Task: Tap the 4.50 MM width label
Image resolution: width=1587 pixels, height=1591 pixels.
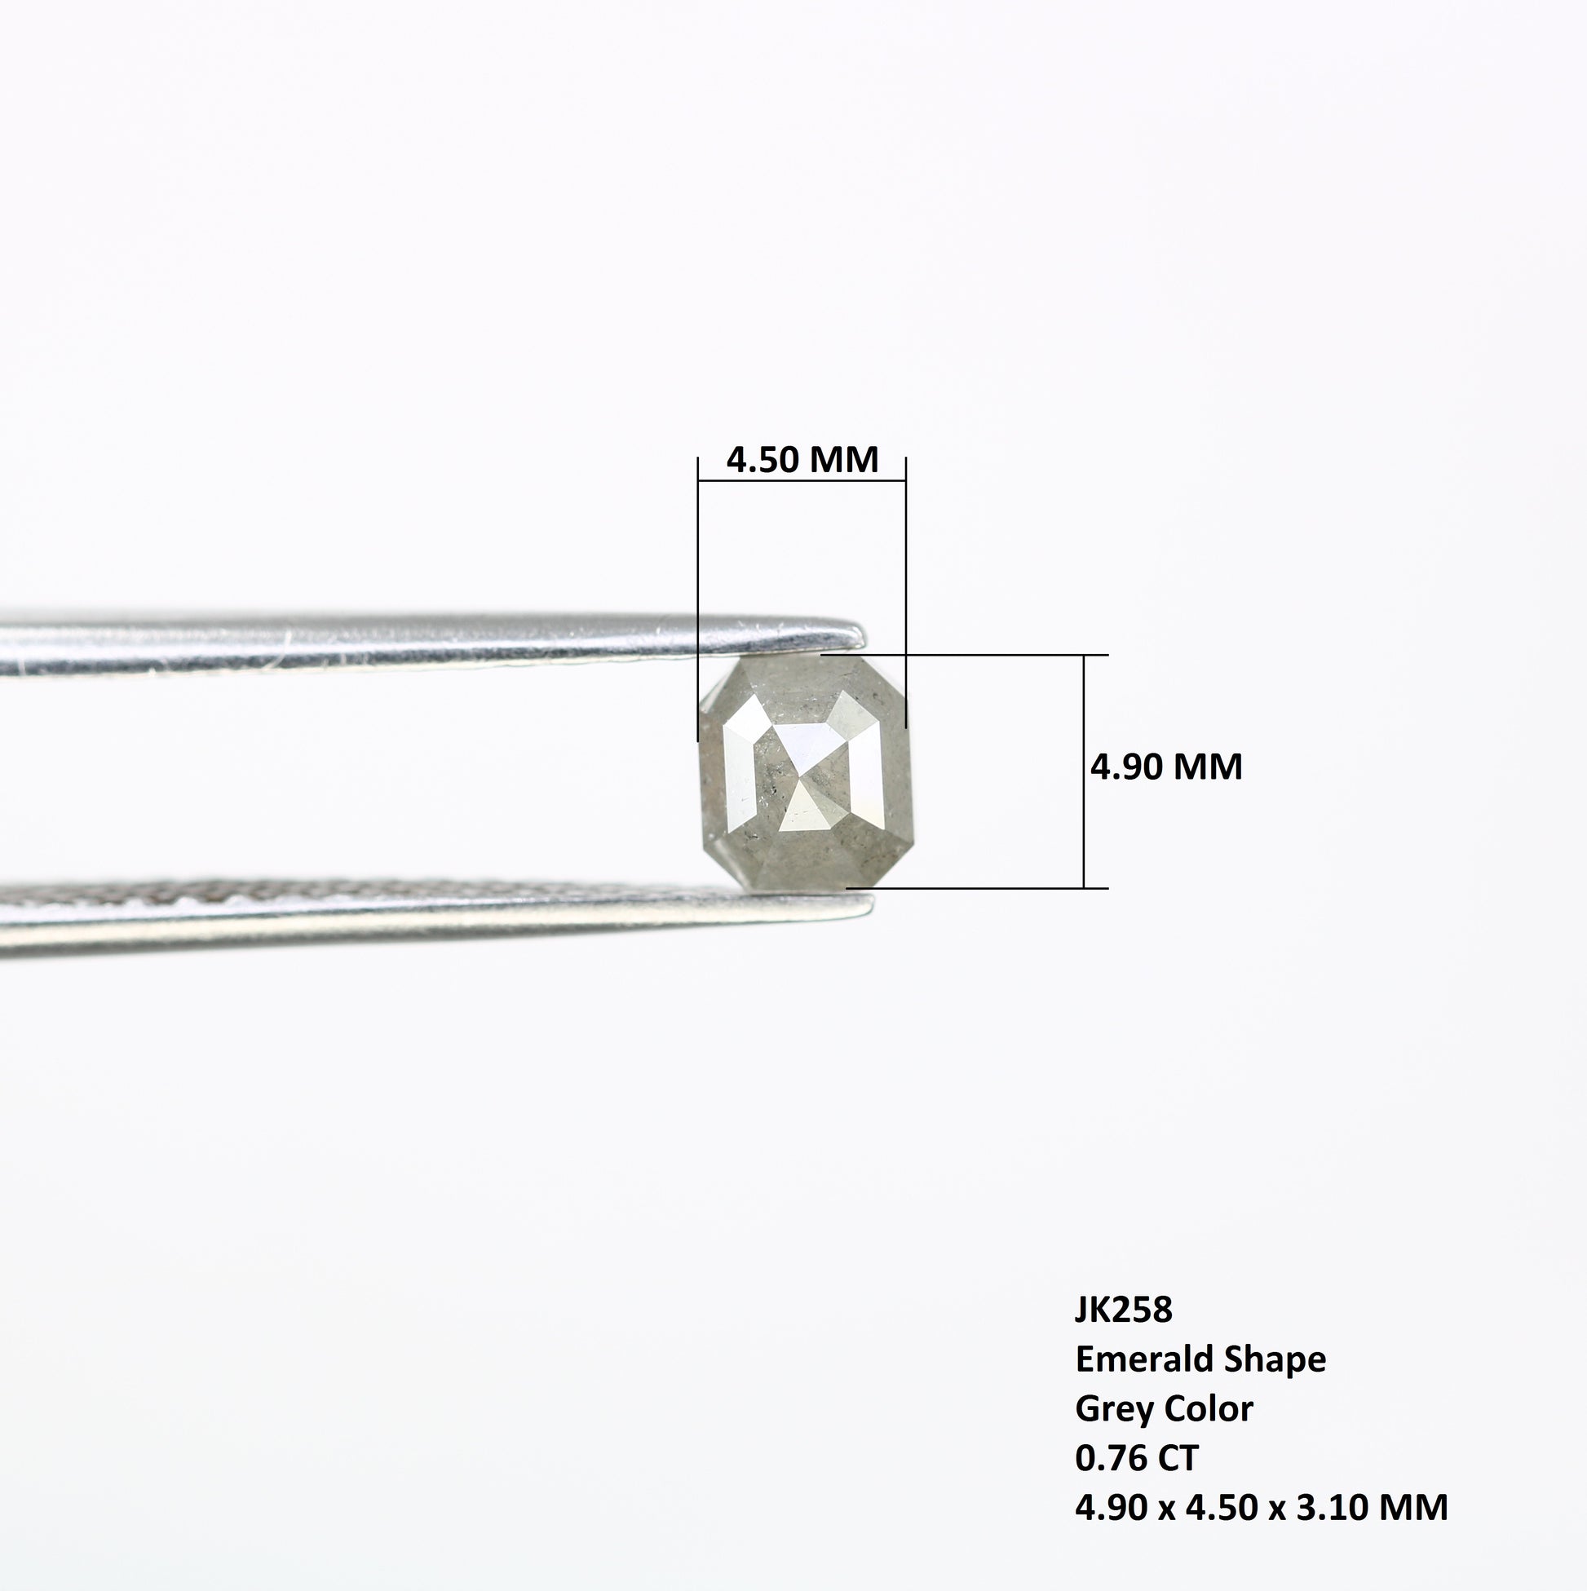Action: (802, 459)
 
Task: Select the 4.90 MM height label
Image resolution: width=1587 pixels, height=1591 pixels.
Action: (1166, 767)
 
